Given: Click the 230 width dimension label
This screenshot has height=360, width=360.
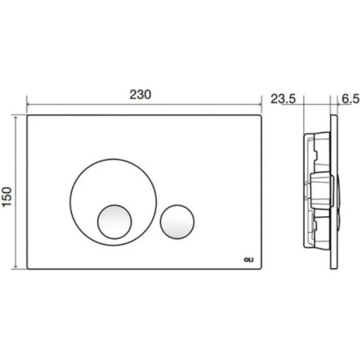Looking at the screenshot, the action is [140, 94].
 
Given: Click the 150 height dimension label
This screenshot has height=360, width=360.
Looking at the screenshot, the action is [7, 197].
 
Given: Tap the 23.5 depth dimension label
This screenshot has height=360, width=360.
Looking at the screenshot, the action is [283, 99].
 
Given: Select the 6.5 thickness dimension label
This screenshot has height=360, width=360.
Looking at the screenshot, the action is [350, 99].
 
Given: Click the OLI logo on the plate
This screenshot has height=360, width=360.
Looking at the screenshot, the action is [249, 260].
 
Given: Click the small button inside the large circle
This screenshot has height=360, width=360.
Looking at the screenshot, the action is [114, 222].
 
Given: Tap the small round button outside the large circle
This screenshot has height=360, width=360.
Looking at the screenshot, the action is [177, 222].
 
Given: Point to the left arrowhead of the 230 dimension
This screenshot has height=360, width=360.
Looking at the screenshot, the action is [28, 105].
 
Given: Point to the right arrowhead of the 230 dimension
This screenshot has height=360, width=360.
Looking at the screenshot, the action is [260, 105].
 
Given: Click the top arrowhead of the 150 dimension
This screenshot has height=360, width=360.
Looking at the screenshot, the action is [16, 118].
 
